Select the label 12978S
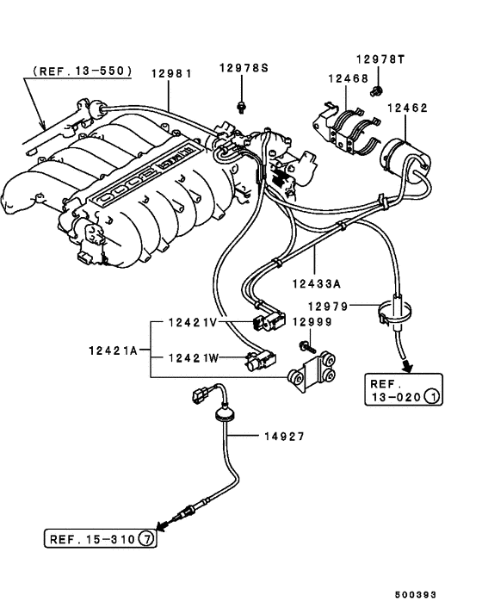[x=242, y=67]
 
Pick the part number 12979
[x=332, y=306]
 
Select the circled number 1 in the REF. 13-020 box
[x=432, y=397]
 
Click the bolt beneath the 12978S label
[x=241, y=106]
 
